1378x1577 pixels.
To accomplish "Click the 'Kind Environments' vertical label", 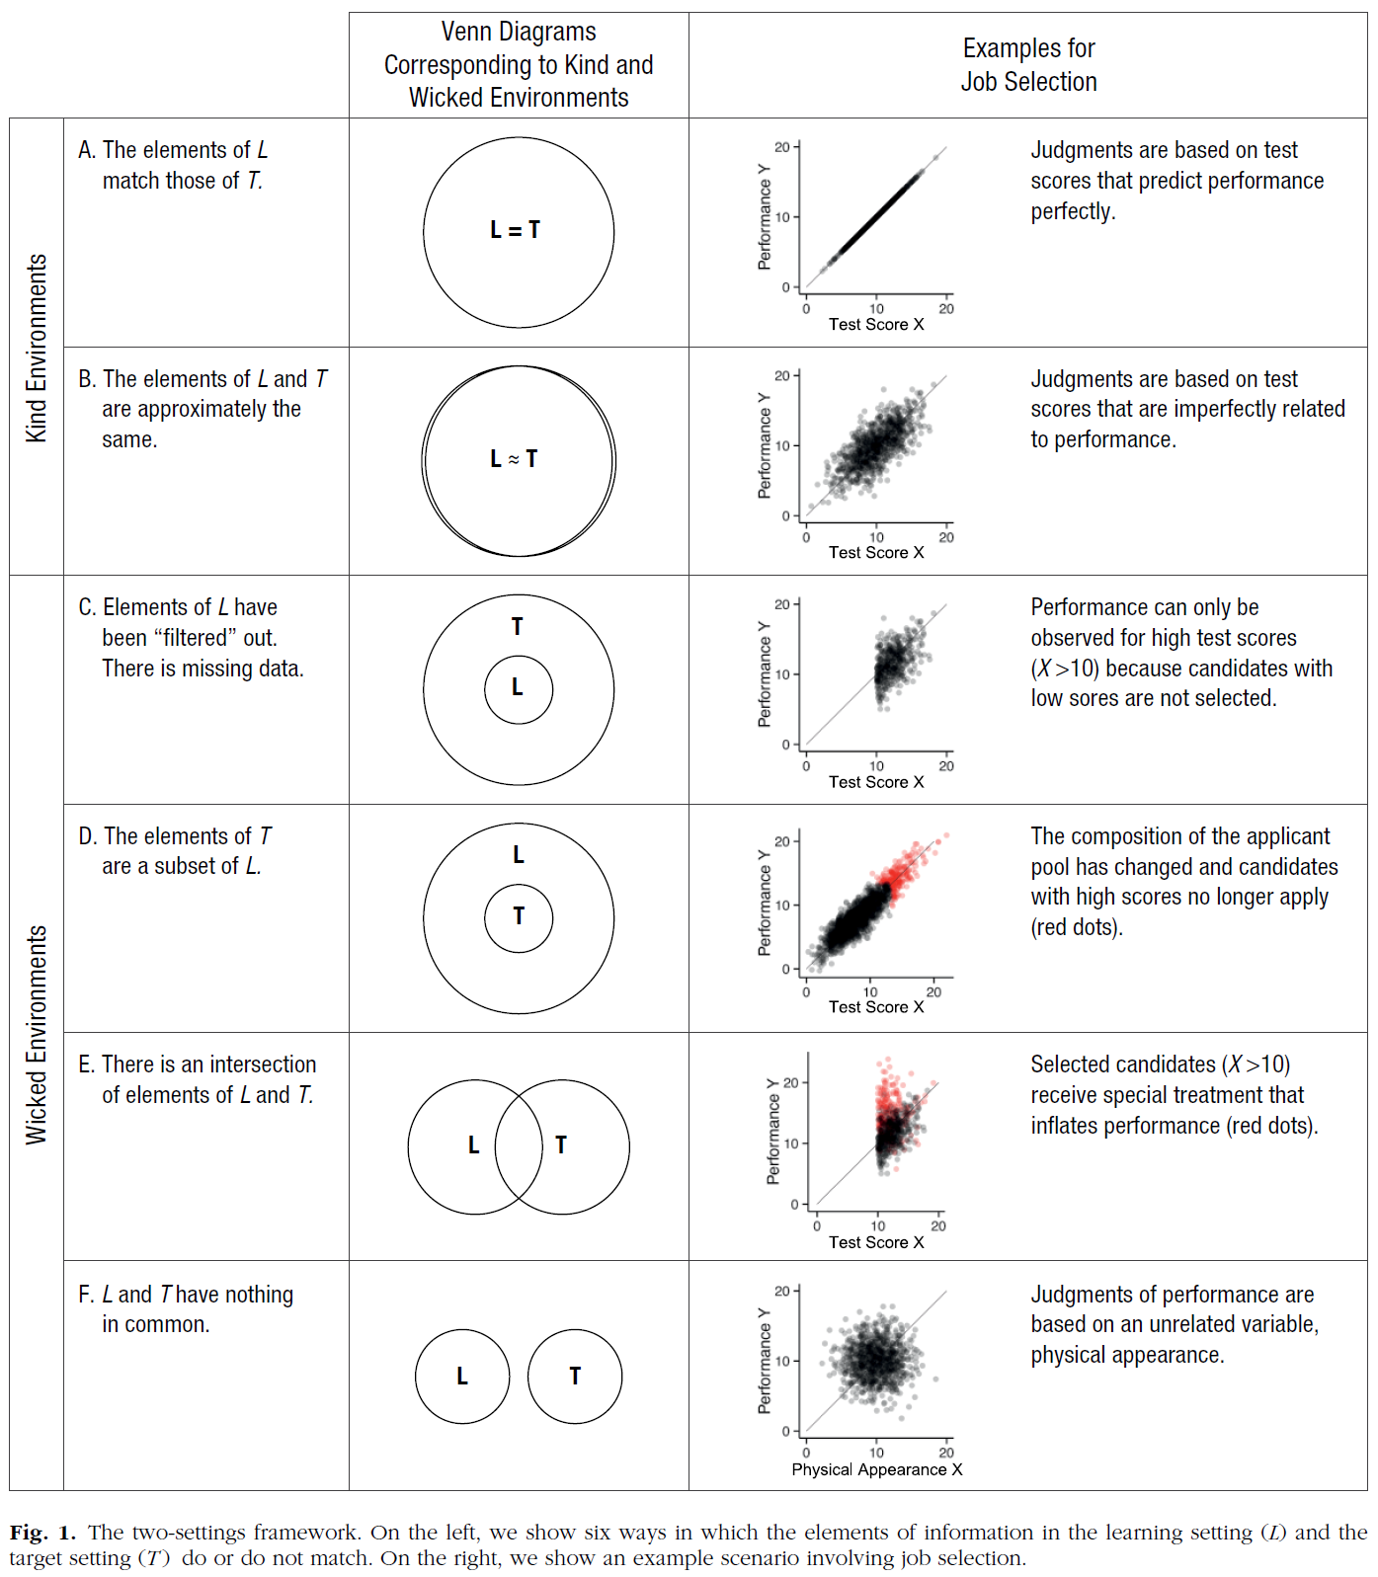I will [x=37, y=348].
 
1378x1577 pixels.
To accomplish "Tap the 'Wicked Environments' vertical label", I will [x=37, y=1034].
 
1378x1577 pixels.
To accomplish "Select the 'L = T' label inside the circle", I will [x=515, y=230].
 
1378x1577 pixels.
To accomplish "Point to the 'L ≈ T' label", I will [x=514, y=459].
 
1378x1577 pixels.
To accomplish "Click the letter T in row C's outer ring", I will [x=517, y=627].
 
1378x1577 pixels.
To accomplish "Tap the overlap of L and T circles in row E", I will [x=519, y=1146].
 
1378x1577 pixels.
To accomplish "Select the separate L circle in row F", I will [x=462, y=1376].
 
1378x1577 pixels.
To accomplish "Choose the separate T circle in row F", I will [x=575, y=1376].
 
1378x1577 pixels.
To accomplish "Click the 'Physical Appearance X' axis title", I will [x=876, y=1469].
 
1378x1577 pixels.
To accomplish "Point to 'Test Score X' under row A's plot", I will [x=876, y=324].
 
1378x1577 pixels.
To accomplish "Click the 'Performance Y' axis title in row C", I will [x=764, y=674].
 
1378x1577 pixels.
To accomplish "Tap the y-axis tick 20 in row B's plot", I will [x=781, y=376].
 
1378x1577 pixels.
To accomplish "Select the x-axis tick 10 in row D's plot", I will [x=870, y=991].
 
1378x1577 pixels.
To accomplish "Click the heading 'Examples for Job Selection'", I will [x=1028, y=65].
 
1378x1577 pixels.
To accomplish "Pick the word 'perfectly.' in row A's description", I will [x=1073, y=211].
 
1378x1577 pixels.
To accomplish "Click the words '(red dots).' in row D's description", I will [x=1077, y=927].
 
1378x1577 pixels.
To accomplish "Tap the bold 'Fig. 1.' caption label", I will [x=42, y=1533].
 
